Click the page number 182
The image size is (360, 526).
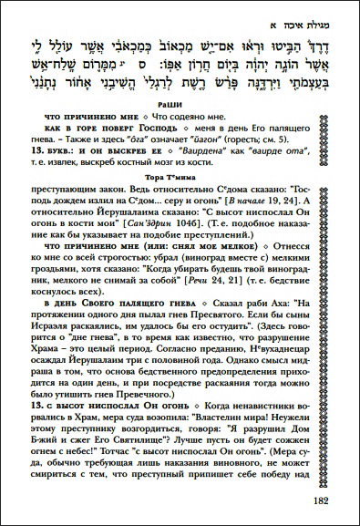(x=324, y=499)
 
